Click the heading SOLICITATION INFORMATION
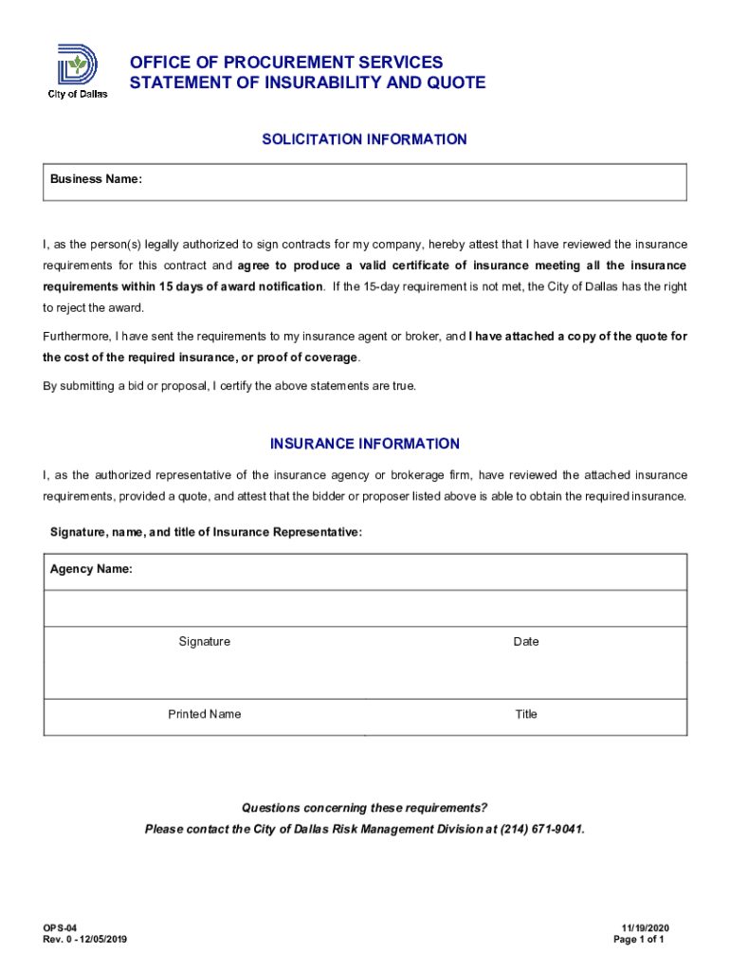tap(364, 139)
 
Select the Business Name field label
tap(96, 179)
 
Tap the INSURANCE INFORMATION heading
tap(364, 444)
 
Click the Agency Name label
tap(91, 569)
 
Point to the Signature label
tap(204, 642)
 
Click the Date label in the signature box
tap(525, 642)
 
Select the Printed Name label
tap(204, 714)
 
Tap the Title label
tap(525, 714)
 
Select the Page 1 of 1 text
tap(639, 940)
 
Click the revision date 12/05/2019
tap(104, 940)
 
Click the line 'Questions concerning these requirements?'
tap(364, 808)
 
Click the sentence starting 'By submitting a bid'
tap(228, 386)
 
